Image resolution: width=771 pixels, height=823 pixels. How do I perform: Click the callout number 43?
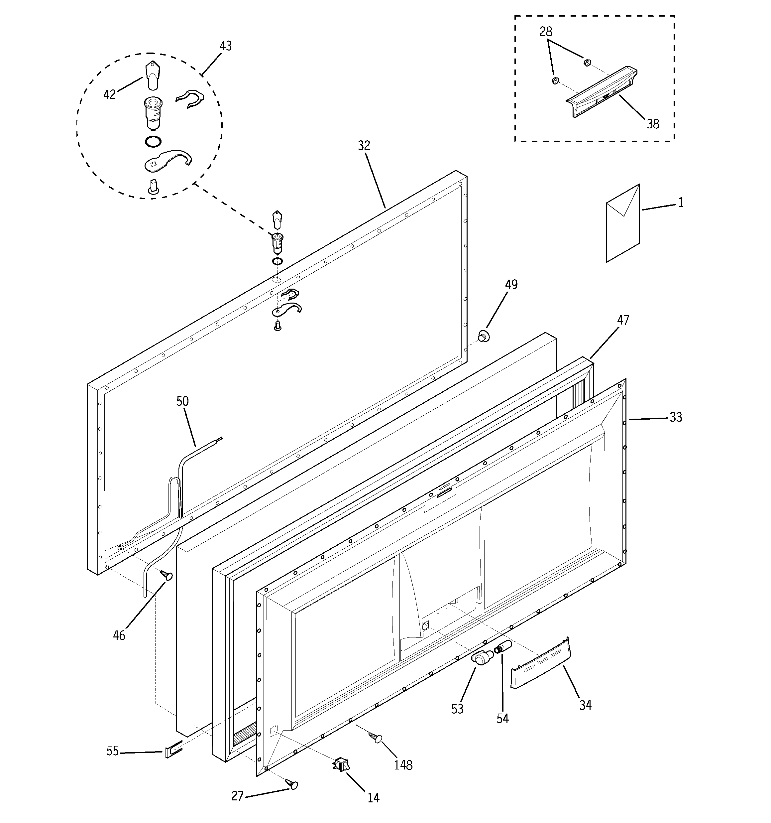coord(226,46)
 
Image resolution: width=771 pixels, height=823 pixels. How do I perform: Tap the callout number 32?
coord(364,146)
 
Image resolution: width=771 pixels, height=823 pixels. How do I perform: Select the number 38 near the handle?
coord(653,124)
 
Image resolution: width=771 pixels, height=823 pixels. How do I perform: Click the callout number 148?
coord(403,765)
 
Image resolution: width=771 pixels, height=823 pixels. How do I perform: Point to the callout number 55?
coord(113,751)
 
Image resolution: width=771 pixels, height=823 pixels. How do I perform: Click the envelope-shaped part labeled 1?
coord(623,223)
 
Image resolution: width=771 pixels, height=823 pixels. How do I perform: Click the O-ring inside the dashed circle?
coord(153,142)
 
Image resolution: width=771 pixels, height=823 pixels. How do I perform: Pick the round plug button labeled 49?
coord(483,336)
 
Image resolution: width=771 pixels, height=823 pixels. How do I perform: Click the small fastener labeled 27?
coord(292,784)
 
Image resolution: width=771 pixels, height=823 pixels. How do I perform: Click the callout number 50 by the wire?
coord(182,401)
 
